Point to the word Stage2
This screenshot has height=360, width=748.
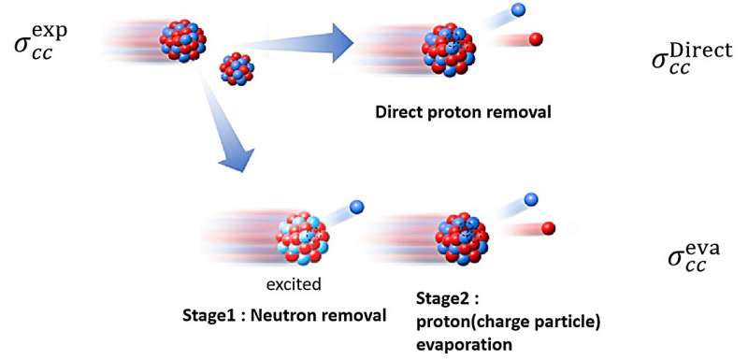[442, 299]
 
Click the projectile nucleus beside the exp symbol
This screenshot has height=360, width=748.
[182, 39]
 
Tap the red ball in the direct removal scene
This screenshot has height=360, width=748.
[536, 39]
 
